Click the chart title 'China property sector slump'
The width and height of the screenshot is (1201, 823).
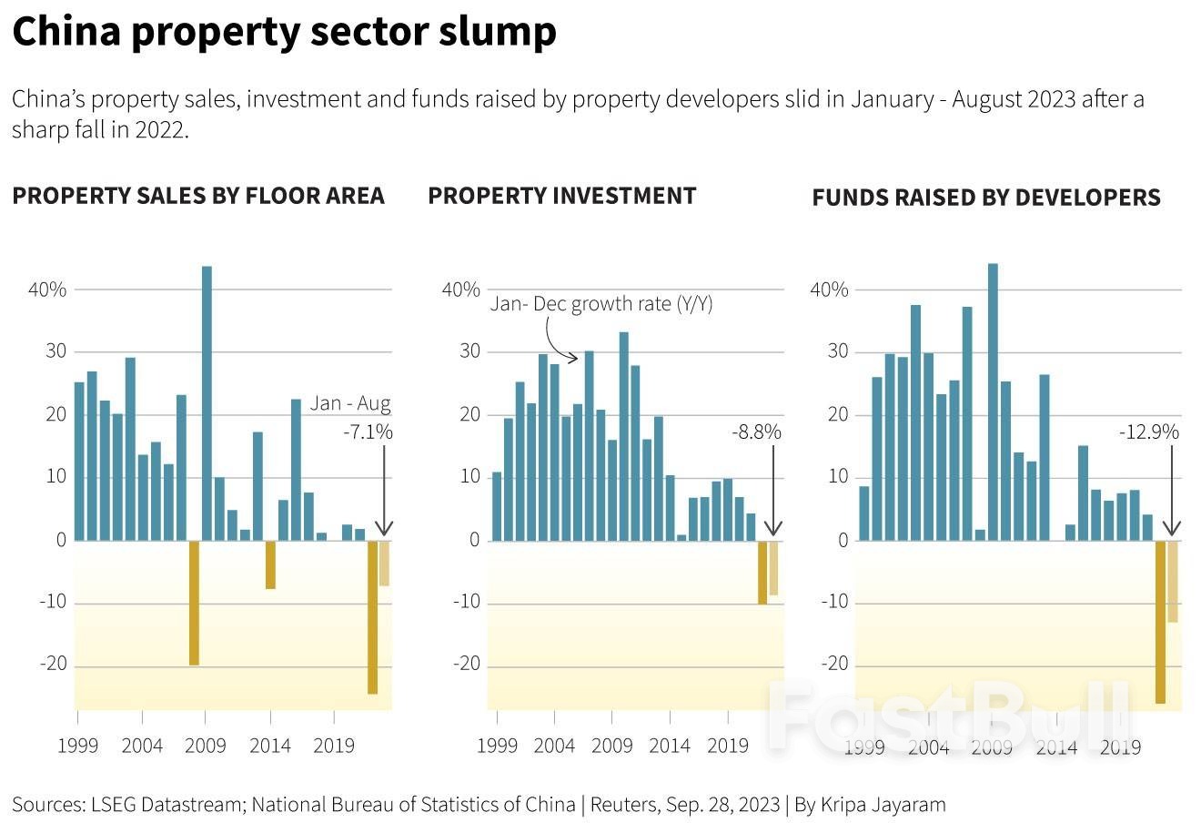click(284, 32)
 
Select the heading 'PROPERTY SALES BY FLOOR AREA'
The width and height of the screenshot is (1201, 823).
click(198, 196)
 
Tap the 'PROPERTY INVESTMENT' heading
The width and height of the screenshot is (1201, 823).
click(561, 196)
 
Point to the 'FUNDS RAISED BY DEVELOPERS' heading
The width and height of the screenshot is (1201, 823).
click(985, 198)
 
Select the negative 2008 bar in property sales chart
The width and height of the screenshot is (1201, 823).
click(194, 602)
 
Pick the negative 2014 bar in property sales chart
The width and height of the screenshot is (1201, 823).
click(270, 564)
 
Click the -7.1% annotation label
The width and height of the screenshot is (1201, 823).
click(368, 432)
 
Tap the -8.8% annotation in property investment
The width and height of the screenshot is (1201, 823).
click(756, 432)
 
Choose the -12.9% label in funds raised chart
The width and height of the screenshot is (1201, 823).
click(1148, 432)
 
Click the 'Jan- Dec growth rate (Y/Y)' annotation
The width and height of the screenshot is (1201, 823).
click(601, 303)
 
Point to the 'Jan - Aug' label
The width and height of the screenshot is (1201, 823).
click(350, 403)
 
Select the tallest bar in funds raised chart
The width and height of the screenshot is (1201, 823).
click(993, 401)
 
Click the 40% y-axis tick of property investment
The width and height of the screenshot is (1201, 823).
click(460, 290)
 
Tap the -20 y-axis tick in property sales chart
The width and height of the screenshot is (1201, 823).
click(53, 664)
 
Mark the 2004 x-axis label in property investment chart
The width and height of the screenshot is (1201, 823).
click(554, 747)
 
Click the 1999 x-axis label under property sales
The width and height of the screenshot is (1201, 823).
click(78, 747)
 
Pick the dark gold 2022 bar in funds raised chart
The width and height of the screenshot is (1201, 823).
click(1160, 621)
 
